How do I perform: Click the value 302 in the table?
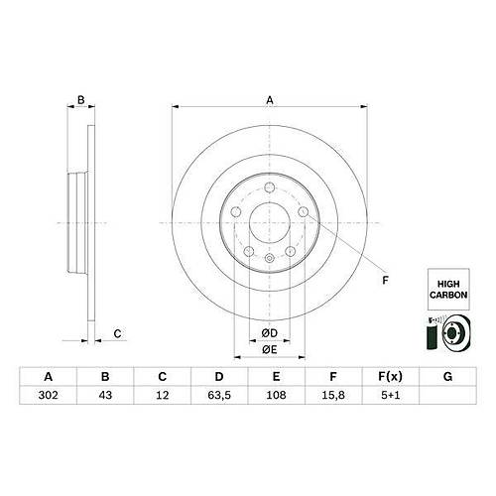pyautogui.click(x=49, y=395)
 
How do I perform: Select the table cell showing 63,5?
pyautogui.click(x=219, y=395)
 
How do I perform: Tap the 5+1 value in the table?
pyautogui.click(x=391, y=395)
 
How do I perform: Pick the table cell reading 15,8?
pyautogui.click(x=333, y=395)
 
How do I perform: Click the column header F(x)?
pyautogui.click(x=391, y=377)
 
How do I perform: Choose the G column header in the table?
pyautogui.click(x=447, y=377)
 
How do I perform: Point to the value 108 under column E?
pyautogui.click(x=276, y=395)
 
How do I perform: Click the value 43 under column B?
pyautogui.click(x=105, y=395)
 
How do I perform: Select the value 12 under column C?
pyautogui.click(x=163, y=395)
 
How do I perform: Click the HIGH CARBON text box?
pyautogui.click(x=448, y=290)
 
